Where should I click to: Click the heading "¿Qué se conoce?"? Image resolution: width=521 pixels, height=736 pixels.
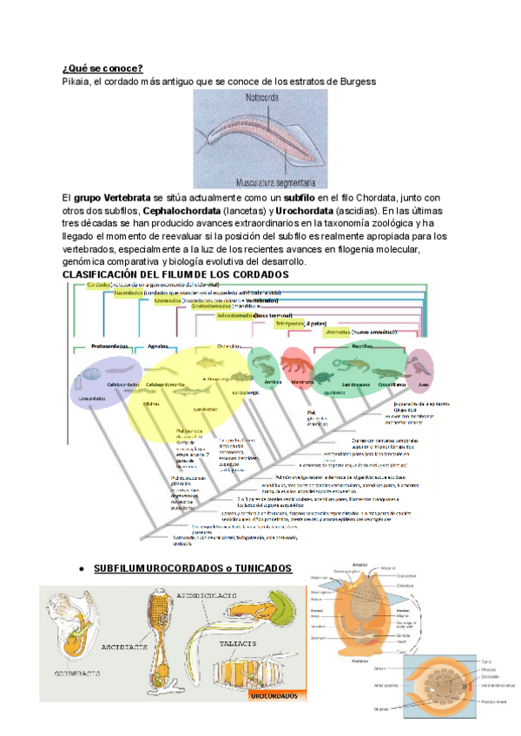click(x=103, y=69)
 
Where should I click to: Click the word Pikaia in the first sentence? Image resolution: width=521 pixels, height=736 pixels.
click(x=79, y=82)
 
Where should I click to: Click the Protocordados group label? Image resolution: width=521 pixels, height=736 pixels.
click(x=110, y=346)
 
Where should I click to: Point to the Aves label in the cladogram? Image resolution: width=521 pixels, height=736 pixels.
click(x=424, y=383)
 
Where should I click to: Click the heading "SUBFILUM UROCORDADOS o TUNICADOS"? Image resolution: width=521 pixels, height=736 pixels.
click(x=193, y=568)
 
